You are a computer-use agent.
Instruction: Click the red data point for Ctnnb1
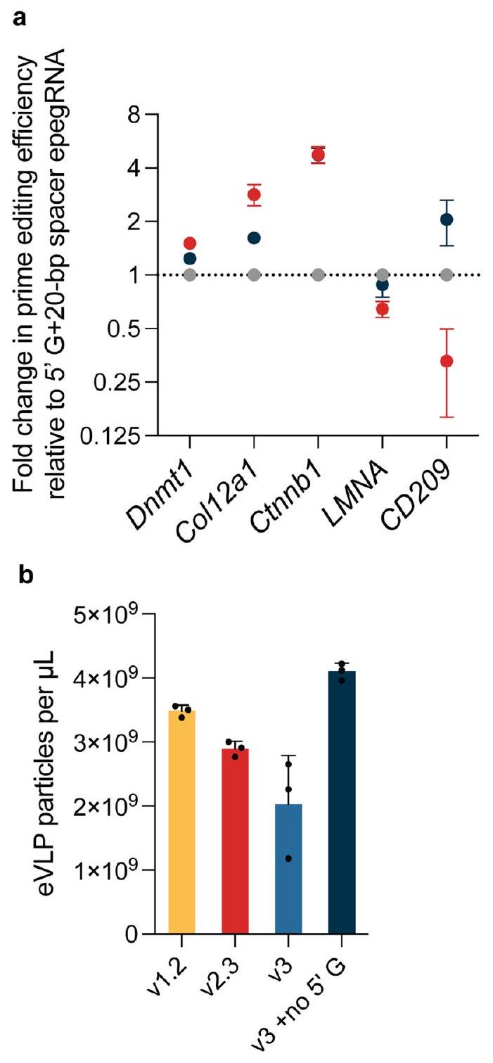(x=318, y=155)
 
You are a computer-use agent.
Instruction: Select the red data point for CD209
(x=446, y=361)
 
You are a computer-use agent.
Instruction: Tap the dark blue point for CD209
(x=446, y=219)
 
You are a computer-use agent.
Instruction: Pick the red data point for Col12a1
(x=254, y=195)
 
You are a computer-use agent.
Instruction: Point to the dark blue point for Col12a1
(x=254, y=238)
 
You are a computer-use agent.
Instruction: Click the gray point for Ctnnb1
(x=318, y=274)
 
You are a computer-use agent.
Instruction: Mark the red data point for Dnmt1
(x=190, y=243)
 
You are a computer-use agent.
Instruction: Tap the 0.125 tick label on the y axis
(x=119, y=437)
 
